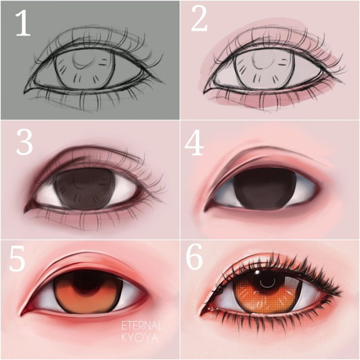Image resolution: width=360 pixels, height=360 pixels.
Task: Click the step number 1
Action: pos(23,24)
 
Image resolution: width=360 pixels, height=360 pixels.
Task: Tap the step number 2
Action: pos(199,20)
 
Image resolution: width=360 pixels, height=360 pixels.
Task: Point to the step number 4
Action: pos(194,144)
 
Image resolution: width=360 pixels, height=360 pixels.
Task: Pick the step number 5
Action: pos(17,258)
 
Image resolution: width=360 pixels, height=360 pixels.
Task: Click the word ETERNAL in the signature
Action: pos(142,326)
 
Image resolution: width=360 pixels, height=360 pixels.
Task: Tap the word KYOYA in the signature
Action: pos(140,338)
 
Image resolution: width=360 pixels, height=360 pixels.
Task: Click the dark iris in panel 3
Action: pos(84,190)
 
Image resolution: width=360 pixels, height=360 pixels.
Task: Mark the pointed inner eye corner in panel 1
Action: pos(24,92)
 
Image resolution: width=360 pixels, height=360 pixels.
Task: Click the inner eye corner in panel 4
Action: pos(204,210)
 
